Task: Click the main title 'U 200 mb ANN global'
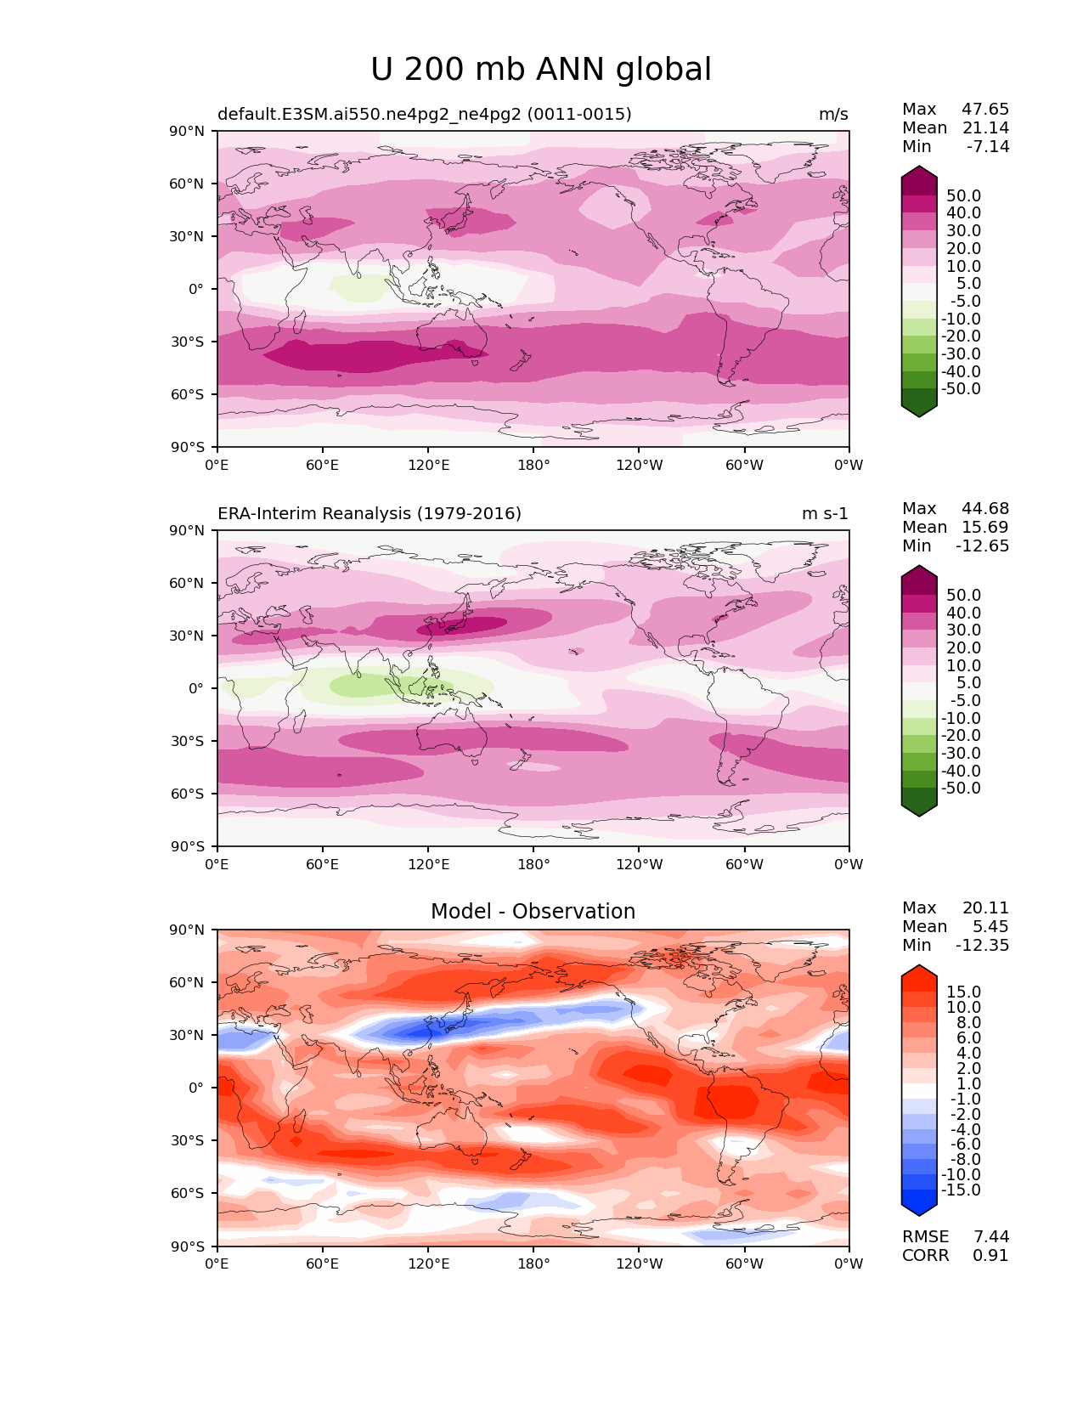pos(540,69)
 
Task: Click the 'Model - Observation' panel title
pos(533,911)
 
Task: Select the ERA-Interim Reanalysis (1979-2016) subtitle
pos(369,513)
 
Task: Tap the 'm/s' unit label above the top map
pos(833,114)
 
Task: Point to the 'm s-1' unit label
pos(825,513)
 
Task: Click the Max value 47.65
pos(985,109)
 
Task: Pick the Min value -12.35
pos(983,945)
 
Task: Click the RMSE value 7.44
pos(991,1236)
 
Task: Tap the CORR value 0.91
pos(990,1255)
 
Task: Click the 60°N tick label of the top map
pos(186,184)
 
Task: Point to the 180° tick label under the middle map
pos(533,864)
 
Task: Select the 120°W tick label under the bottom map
pos(640,1263)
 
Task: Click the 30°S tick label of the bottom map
pos(187,1140)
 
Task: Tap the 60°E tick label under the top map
pos(323,465)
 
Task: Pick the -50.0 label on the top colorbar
pos(961,388)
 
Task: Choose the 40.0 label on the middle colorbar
pos(964,613)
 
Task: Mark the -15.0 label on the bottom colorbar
pos(961,1190)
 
